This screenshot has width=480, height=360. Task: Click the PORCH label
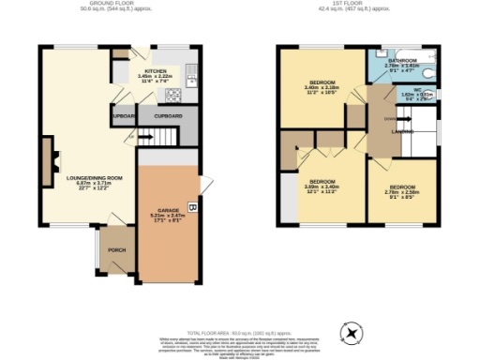pyautogui.click(x=117, y=250)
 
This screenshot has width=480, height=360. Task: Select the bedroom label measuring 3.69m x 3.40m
pyautogui.click(x=322, y=184)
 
